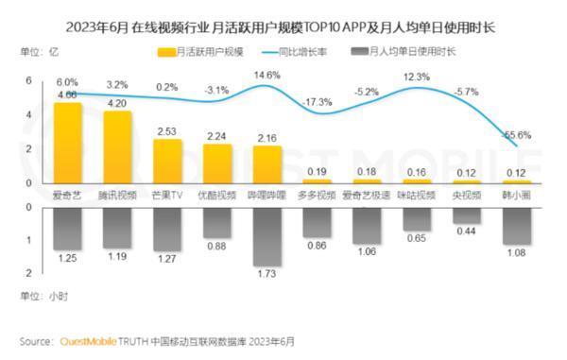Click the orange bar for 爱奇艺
67,143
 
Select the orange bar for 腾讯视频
117,146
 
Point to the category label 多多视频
318,195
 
